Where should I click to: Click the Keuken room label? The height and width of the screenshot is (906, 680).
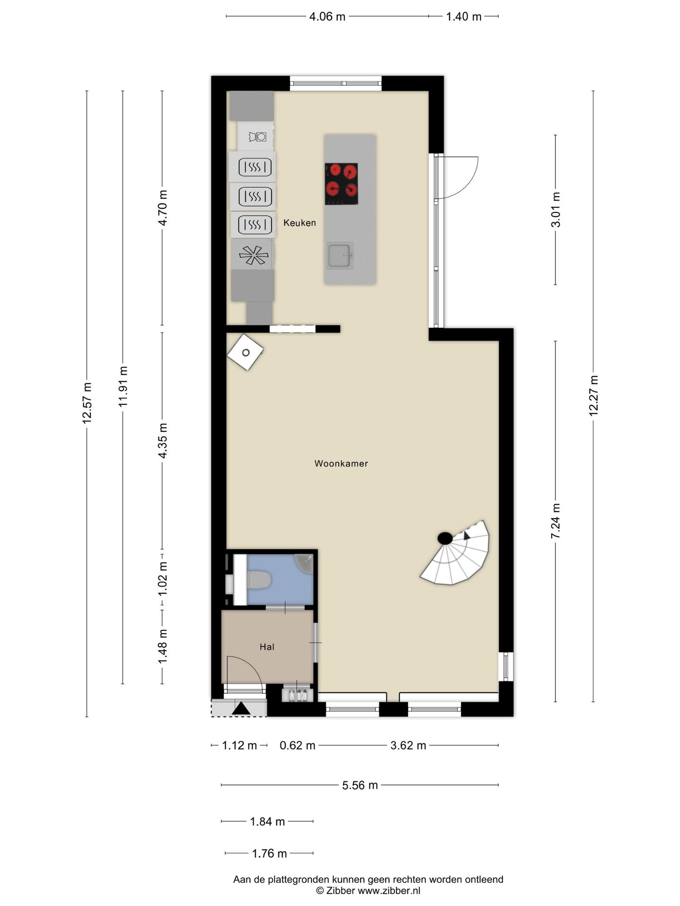pos(299,223)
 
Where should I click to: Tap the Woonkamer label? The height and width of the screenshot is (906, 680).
pos(341,463)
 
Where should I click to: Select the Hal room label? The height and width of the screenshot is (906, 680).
pos(267,647)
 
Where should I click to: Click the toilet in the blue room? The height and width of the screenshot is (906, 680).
pos(258,580)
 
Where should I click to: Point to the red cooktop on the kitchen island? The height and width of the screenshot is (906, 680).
pos(341,184)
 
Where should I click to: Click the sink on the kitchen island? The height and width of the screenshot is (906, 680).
pos(339,255)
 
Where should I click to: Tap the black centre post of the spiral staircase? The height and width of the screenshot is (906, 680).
pos(445,538)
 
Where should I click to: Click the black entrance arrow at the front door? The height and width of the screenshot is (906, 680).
pos(241,708)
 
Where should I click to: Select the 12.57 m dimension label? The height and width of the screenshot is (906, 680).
pos(86,403)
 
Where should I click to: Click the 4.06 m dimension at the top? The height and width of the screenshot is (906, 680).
pos(327,17)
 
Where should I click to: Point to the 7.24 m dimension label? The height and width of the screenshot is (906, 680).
pos(556,521)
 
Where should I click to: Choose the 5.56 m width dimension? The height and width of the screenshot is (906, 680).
pos(360,785)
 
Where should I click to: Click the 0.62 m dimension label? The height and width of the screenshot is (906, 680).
pos(297,746)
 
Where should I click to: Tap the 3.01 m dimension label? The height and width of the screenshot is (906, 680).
pos(556,210)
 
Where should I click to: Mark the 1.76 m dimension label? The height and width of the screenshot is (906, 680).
pos(269,853)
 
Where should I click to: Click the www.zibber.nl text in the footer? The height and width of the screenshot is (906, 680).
pos(389,891)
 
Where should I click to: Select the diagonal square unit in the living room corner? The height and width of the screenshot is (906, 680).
pos(245,352)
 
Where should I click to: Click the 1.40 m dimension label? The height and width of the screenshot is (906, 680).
pos(464,17)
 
